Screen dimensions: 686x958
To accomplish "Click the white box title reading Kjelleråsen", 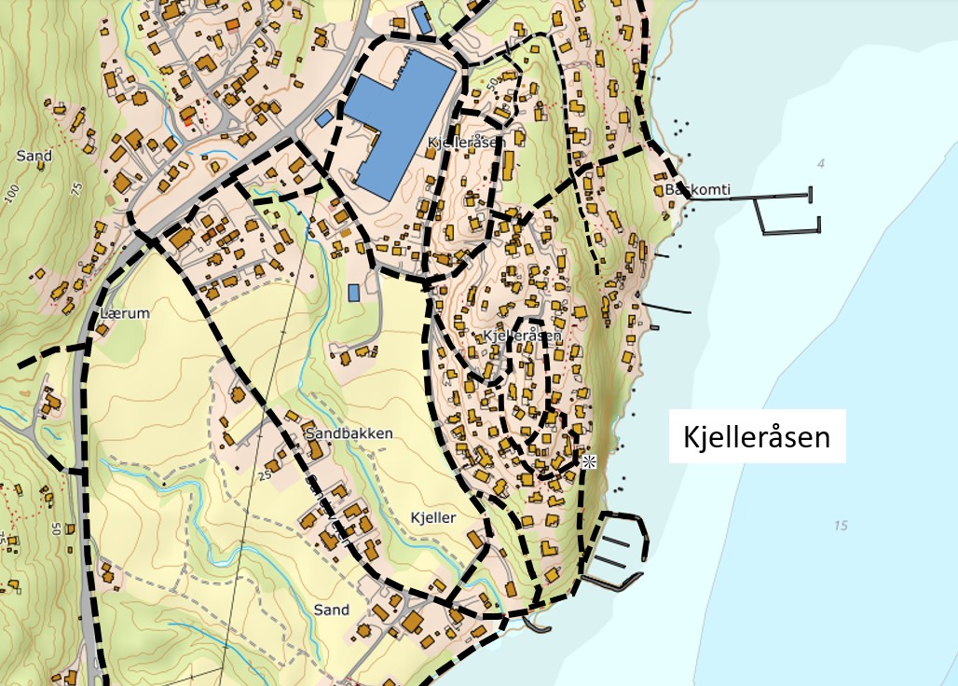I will click(x=757, y=436).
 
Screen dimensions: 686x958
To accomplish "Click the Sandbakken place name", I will click(x=349, y=434).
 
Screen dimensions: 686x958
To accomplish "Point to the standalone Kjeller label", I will click(x=432, y=517).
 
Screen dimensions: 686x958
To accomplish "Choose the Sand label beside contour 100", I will click(x=34, y=156).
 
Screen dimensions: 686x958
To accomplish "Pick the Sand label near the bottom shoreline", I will click(x=331, y=610).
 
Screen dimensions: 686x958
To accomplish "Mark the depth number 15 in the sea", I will click(x=841, y=526).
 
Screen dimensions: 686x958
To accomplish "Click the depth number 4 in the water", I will click(x=821, y=164).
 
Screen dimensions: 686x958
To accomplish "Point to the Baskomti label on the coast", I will click(x=698, y=190).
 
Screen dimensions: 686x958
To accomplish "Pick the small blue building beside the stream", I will click(x=354, y=292).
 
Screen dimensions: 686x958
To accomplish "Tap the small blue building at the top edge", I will click(x=422, y=19).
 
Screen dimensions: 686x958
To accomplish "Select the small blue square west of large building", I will click(x=324, y=118).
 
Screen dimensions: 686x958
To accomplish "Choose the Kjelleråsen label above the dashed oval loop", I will click(x=522, y=335).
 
